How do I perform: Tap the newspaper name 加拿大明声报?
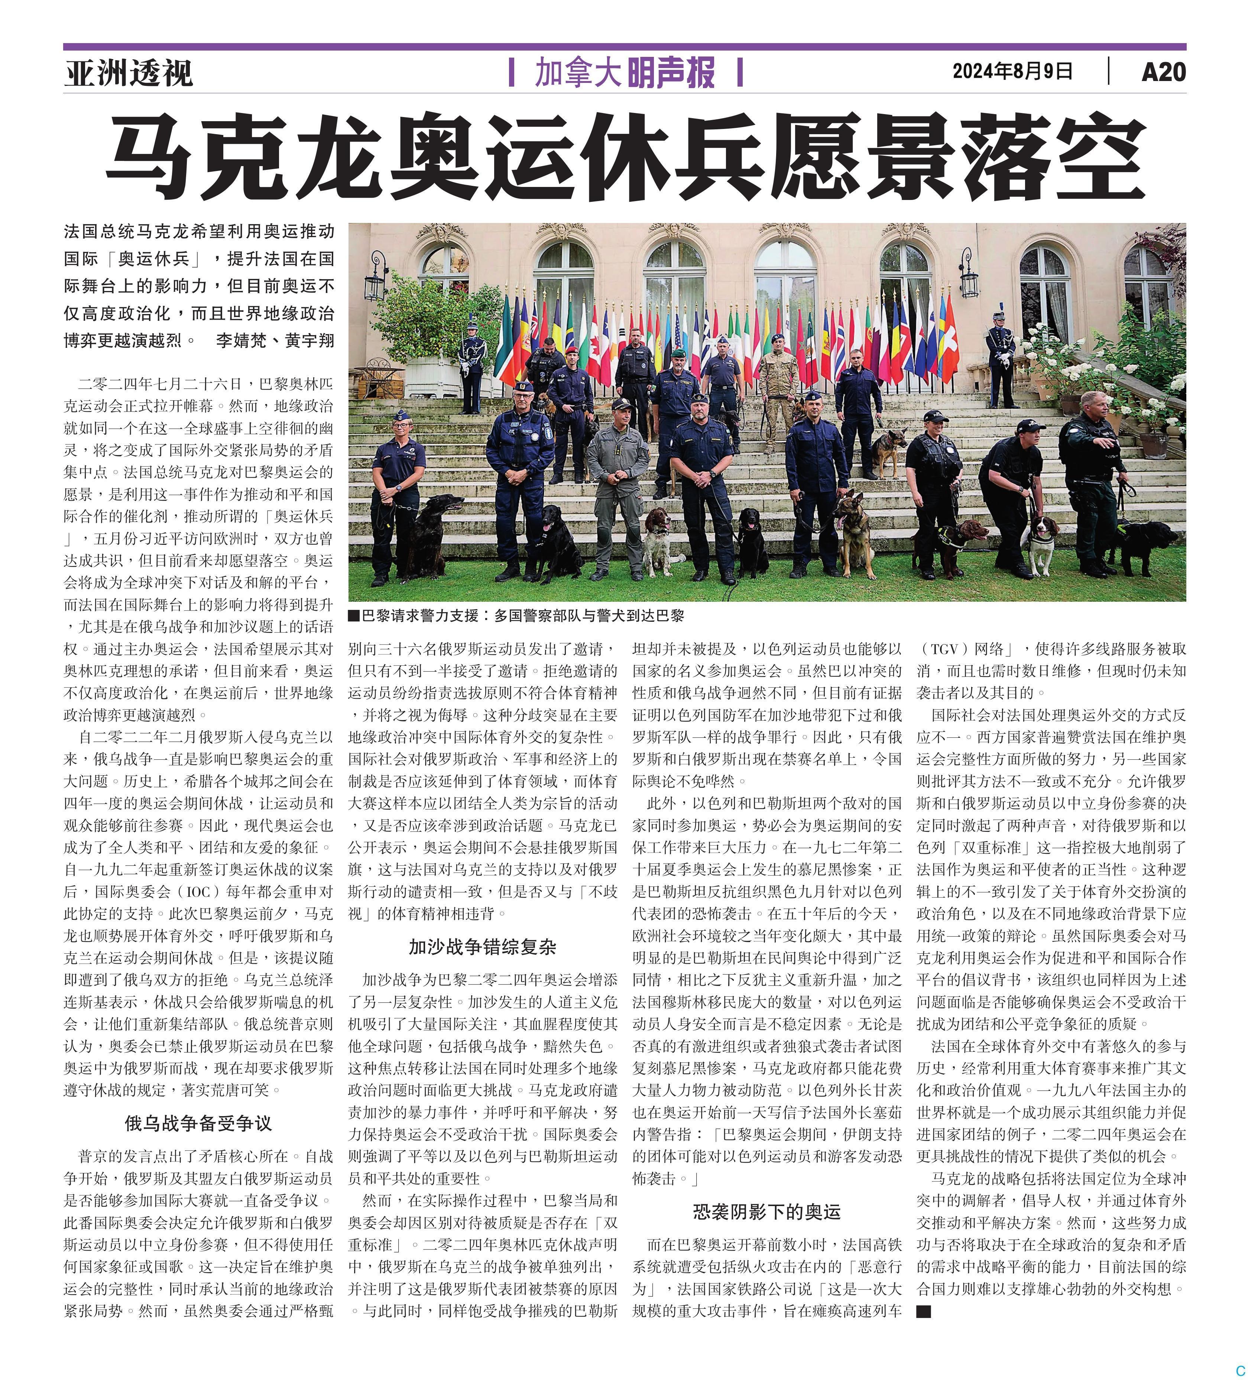point(624,72)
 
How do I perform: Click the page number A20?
point(1163,72)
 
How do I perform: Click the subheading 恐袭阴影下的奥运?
point(766,1212)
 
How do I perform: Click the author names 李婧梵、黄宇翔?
point(275,340)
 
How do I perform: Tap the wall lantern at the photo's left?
point(375,277)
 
